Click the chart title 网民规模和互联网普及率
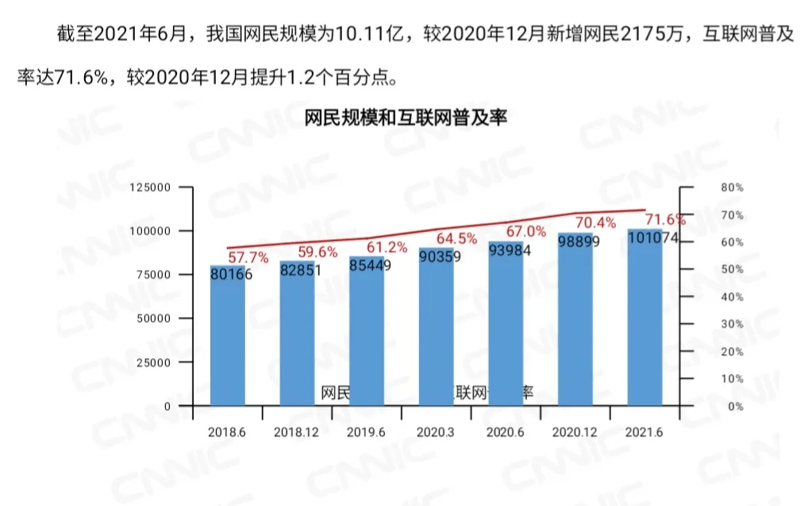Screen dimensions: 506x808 tap(405, 119)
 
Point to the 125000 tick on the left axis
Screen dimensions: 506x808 tap(150, 187)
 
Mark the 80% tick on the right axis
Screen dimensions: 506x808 tap(732, 187)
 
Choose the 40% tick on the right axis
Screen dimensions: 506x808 tap(732, 297)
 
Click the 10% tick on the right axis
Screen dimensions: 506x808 tap(732, 379)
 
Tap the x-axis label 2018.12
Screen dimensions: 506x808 tap(296, 432)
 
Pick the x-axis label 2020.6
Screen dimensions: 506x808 tap(506, 432)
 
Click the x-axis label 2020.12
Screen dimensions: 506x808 tap(575, 432)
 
